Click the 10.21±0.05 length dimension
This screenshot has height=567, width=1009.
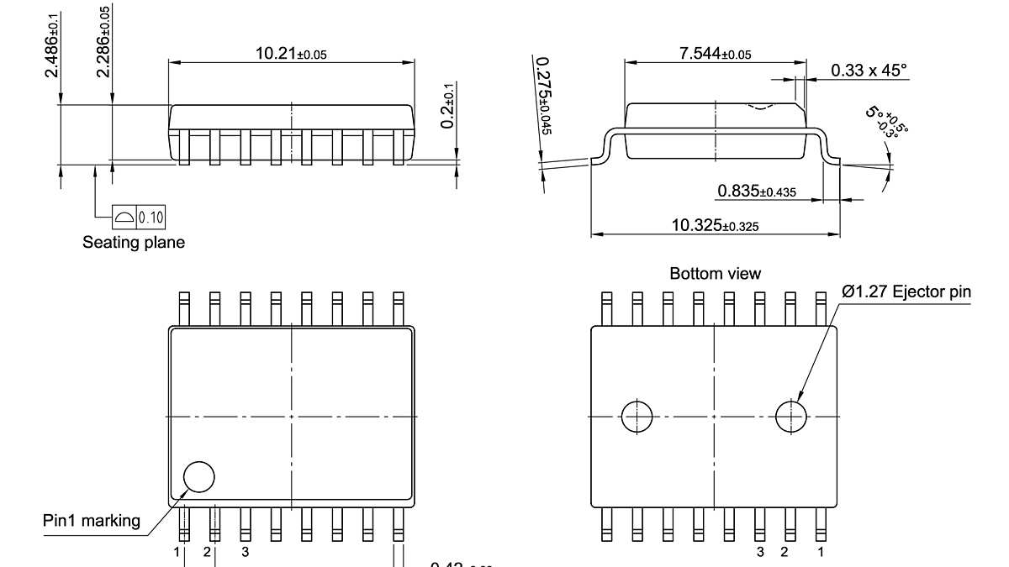coord(291,54)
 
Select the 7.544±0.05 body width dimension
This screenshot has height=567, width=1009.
coord(715,54)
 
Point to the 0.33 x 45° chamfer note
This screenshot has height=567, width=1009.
coord(869,71)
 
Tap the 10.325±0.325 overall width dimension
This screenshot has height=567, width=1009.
coord(715,225)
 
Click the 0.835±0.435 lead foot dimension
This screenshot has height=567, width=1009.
coord(756,192)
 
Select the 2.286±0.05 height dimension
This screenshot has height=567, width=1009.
coord(103,42)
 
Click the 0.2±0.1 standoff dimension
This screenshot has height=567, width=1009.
coord(448,105)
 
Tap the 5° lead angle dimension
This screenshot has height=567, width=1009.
coord(888,123)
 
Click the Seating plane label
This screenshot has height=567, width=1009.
coord(134,243)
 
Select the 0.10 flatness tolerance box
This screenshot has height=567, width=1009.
coord(140,218)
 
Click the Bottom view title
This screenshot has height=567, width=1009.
coord(715,274)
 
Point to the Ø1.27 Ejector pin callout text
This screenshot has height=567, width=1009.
coord(906,292)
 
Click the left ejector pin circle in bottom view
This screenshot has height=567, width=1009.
coord(637,416)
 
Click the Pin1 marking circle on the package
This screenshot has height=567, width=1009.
coord(199,476)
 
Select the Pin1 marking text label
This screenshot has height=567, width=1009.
coord(92,521)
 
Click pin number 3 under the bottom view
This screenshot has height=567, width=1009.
coord(759,552)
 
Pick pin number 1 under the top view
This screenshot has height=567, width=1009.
coord(177,552)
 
